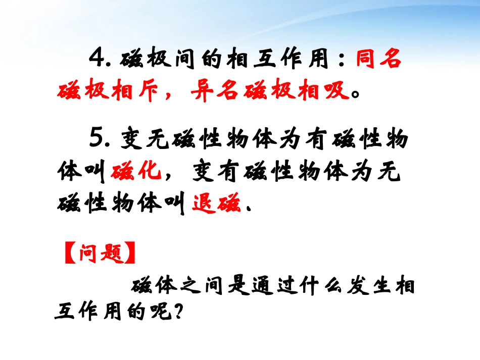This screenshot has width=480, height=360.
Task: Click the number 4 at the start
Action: (x=96, y=60)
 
